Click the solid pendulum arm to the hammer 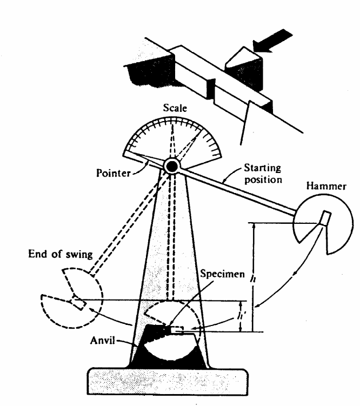click(x=238, y=192)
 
